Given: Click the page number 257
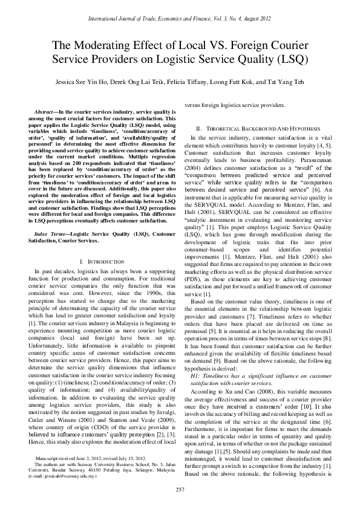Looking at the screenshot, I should (180, 488).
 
